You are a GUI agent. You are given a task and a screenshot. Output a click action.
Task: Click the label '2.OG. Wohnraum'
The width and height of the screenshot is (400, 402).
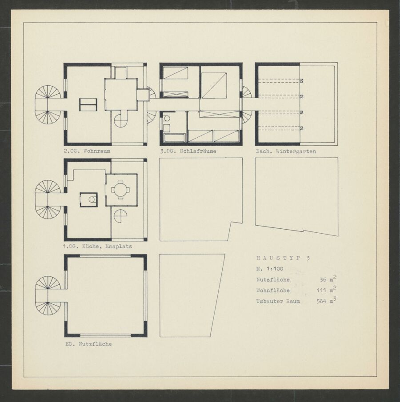87,151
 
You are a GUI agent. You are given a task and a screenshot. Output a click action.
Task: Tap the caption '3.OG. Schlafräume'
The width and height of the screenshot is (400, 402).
188,151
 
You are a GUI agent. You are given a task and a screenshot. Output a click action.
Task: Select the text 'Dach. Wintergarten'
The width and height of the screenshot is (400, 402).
286,151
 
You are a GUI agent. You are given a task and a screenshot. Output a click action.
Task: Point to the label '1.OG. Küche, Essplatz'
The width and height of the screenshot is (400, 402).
97,247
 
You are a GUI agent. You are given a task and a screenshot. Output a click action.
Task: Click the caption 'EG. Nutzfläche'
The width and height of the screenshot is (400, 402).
88,344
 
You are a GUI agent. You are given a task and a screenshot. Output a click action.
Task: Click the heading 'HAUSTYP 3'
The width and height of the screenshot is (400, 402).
283,258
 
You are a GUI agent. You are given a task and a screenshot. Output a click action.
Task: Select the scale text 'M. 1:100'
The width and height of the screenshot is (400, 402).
270,269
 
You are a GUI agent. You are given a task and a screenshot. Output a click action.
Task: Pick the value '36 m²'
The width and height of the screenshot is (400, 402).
328,279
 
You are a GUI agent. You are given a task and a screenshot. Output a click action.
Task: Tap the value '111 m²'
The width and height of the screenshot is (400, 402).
327,290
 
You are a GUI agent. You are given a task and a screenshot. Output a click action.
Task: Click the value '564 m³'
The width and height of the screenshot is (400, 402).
326,301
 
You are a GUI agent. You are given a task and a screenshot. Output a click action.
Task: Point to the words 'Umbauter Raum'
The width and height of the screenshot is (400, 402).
278,301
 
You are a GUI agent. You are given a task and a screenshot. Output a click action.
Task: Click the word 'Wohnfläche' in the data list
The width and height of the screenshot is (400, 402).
273,291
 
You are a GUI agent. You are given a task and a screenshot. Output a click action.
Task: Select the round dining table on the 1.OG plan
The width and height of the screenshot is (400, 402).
120,190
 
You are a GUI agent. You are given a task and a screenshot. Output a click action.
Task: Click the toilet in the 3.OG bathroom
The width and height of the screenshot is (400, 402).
167,119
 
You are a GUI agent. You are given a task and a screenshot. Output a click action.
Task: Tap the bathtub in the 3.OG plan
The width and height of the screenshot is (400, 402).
175,138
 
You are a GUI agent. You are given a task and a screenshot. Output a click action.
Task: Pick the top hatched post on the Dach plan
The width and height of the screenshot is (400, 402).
302,80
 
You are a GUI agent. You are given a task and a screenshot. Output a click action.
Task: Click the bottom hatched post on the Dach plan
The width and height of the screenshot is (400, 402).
302,128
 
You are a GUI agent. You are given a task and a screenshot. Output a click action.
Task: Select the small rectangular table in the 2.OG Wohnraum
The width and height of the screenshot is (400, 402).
88,104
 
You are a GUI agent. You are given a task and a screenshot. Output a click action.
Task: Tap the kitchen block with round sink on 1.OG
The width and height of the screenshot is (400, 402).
88,199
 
